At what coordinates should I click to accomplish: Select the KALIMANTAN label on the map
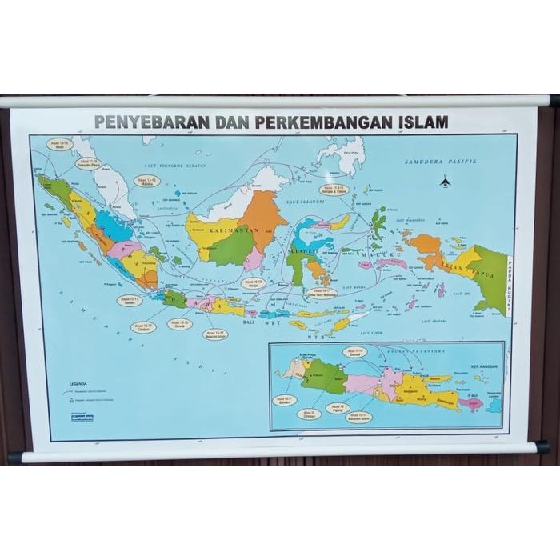(x=229, y=230)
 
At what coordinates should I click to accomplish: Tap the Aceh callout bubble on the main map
(x=59, y=145)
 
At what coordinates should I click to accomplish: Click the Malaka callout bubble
(x=146, y=181)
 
